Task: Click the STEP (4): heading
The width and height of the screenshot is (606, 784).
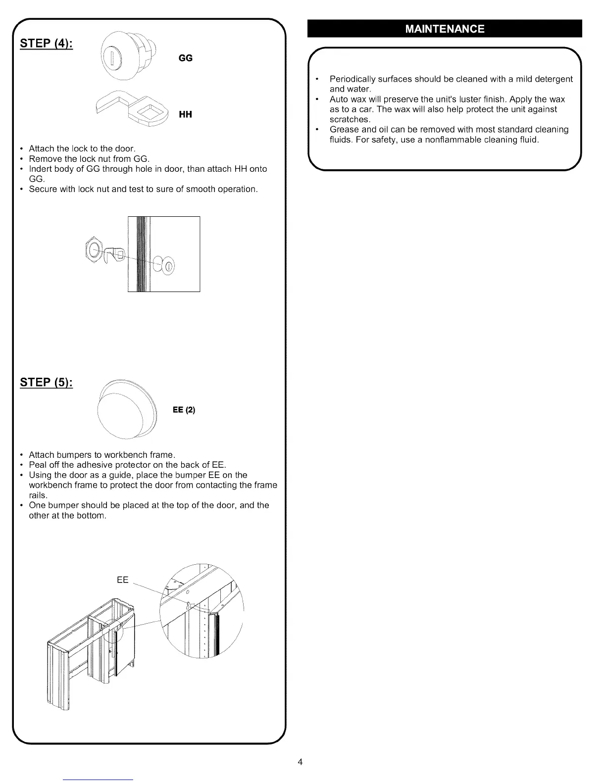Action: click(47, 43)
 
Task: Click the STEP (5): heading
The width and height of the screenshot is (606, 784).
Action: click(47, 383)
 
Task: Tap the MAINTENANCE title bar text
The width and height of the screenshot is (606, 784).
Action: click(445, 29)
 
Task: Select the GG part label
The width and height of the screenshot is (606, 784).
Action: click(185, 58)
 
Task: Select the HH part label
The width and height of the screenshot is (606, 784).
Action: click(185, 115)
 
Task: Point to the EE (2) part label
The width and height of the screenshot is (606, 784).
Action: click(184, 410)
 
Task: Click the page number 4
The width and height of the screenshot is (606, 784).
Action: click(300, 762)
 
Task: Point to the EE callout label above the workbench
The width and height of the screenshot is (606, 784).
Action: click(123, 580)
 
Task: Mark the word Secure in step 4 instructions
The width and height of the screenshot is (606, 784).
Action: click(43, 189)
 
